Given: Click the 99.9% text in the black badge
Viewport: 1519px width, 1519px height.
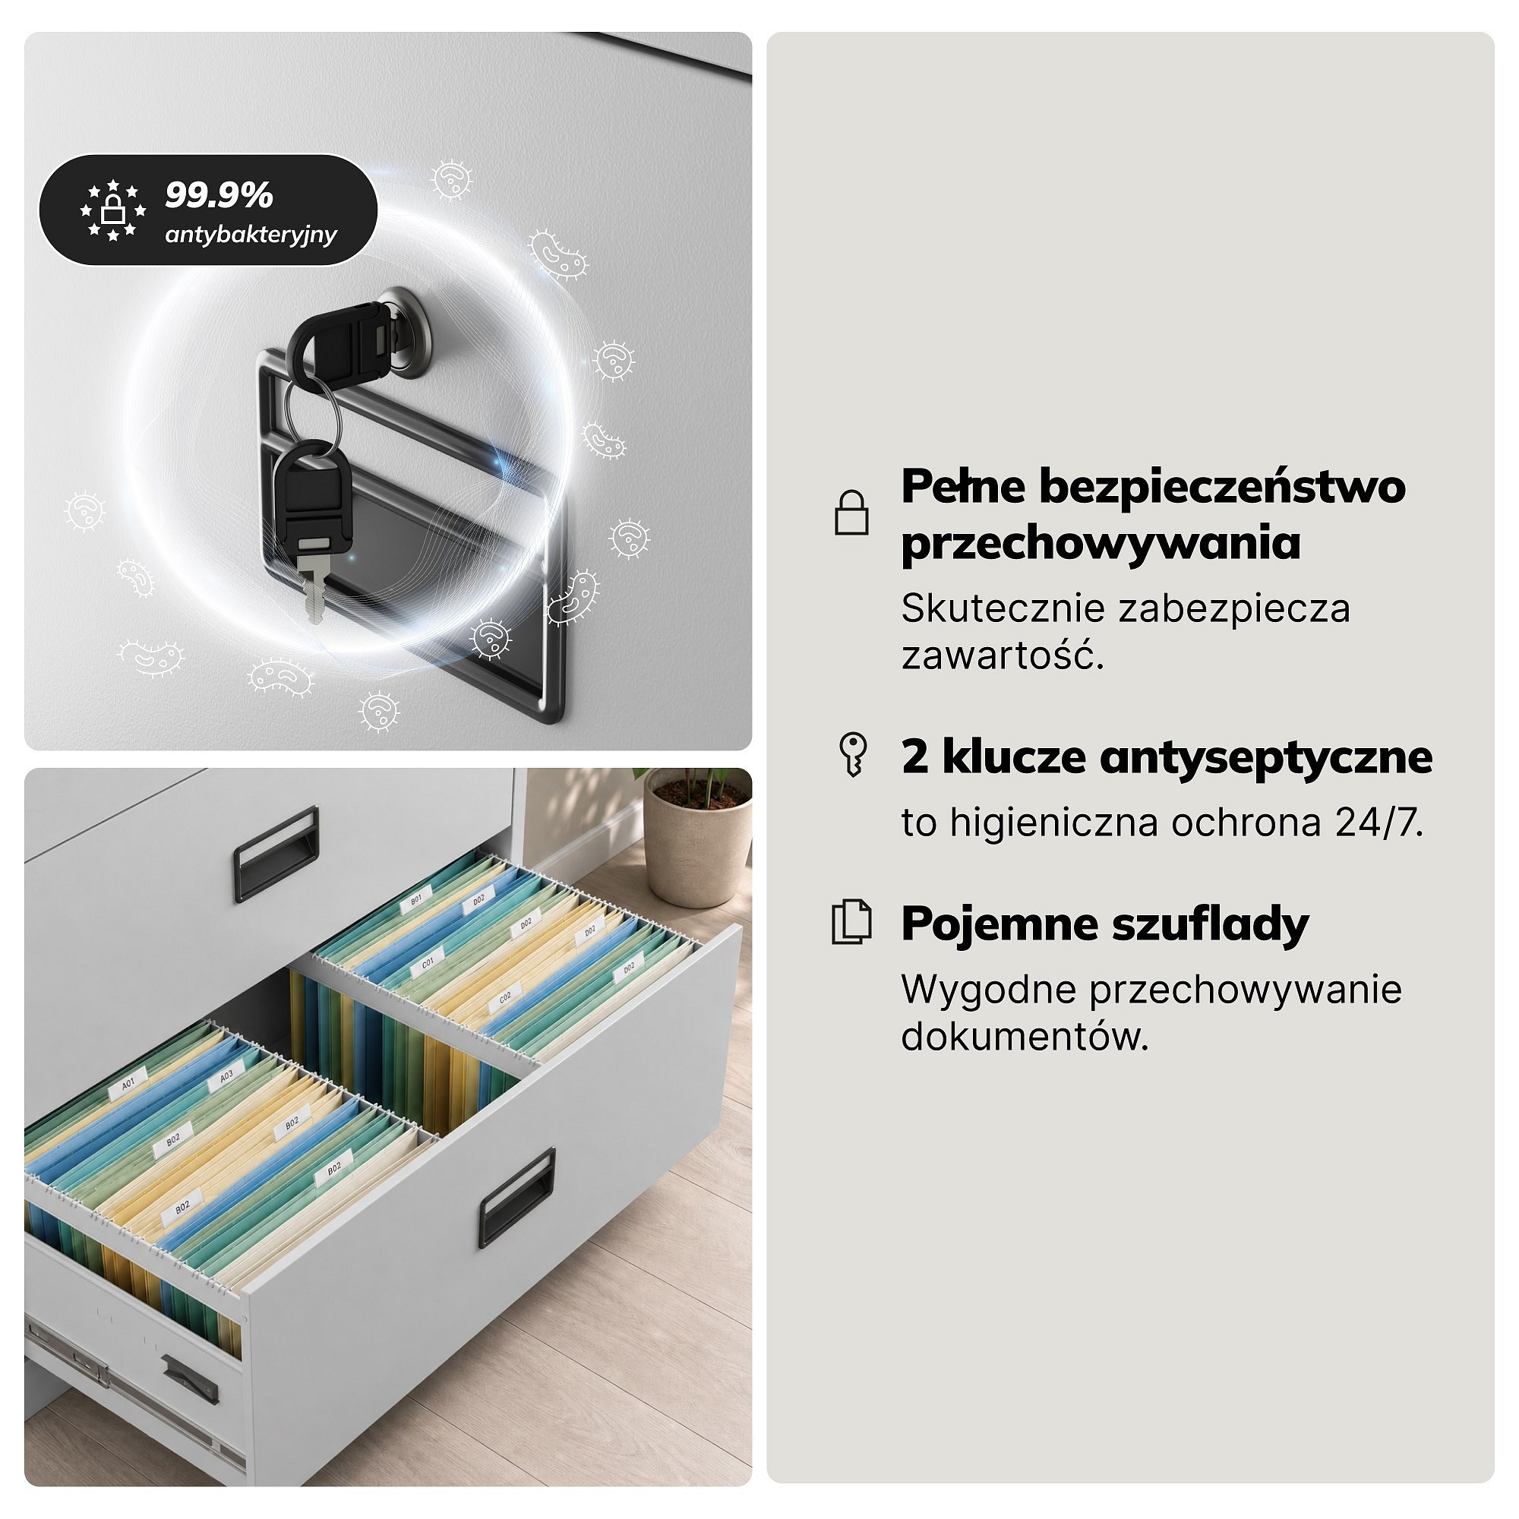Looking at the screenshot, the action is coord(219,195).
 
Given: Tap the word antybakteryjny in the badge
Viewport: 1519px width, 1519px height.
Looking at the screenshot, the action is coord(251,234).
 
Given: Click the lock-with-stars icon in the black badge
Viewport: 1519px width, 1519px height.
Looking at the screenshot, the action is coord(113,210).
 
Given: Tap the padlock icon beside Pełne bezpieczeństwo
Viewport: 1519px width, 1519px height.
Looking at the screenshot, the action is coord(851,513).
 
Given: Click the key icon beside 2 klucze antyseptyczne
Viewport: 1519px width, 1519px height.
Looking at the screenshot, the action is coord(853,755).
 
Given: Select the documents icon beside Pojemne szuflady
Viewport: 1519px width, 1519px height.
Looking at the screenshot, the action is coord(851,921).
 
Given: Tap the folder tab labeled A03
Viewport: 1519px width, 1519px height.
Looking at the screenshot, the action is coord(226,1075).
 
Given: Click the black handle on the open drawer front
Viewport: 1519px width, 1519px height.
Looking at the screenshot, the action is coord(517,1198).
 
